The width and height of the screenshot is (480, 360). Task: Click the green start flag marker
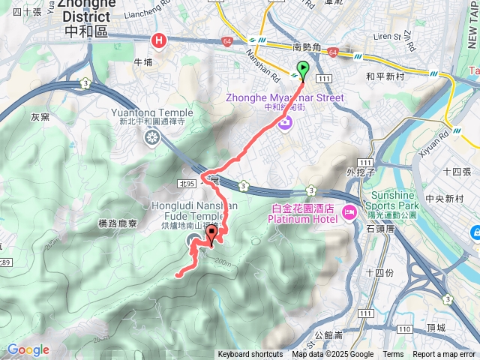[303, 70]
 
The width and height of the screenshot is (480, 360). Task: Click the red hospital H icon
[158, 41]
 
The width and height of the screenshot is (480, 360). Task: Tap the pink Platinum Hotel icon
[349, 213]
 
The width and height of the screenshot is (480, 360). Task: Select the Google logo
[28, 349]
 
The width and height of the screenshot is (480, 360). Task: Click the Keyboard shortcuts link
[250, 355]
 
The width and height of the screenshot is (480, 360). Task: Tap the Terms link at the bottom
[393, 355]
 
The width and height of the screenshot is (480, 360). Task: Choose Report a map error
[445, 355]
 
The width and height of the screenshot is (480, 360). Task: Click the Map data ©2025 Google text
[332, 355]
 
